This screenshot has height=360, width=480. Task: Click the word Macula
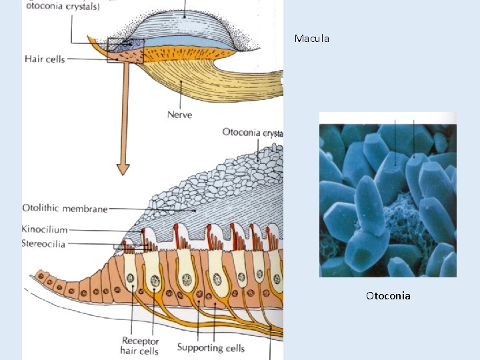(312, 39)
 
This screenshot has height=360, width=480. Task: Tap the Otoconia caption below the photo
(388, 295)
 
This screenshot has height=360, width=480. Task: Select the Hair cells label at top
(45, 59)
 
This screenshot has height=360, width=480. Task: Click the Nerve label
(179, 115)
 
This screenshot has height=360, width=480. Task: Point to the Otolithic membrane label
(65, 209)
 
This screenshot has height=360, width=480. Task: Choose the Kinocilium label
(45, 230)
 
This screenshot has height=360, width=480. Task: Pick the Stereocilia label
(43, 244)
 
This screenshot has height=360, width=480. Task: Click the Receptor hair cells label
(139, 345)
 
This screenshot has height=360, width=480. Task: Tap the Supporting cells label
(211, 347)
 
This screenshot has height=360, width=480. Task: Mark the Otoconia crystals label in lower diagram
(253, 133)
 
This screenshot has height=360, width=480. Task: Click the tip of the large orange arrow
(123, 173)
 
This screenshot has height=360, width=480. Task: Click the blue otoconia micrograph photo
(388, 194)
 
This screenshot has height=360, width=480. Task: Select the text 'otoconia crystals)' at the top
(63, 7)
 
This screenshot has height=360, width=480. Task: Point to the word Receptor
(139, 340)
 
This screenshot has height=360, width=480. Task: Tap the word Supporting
(199, 347)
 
